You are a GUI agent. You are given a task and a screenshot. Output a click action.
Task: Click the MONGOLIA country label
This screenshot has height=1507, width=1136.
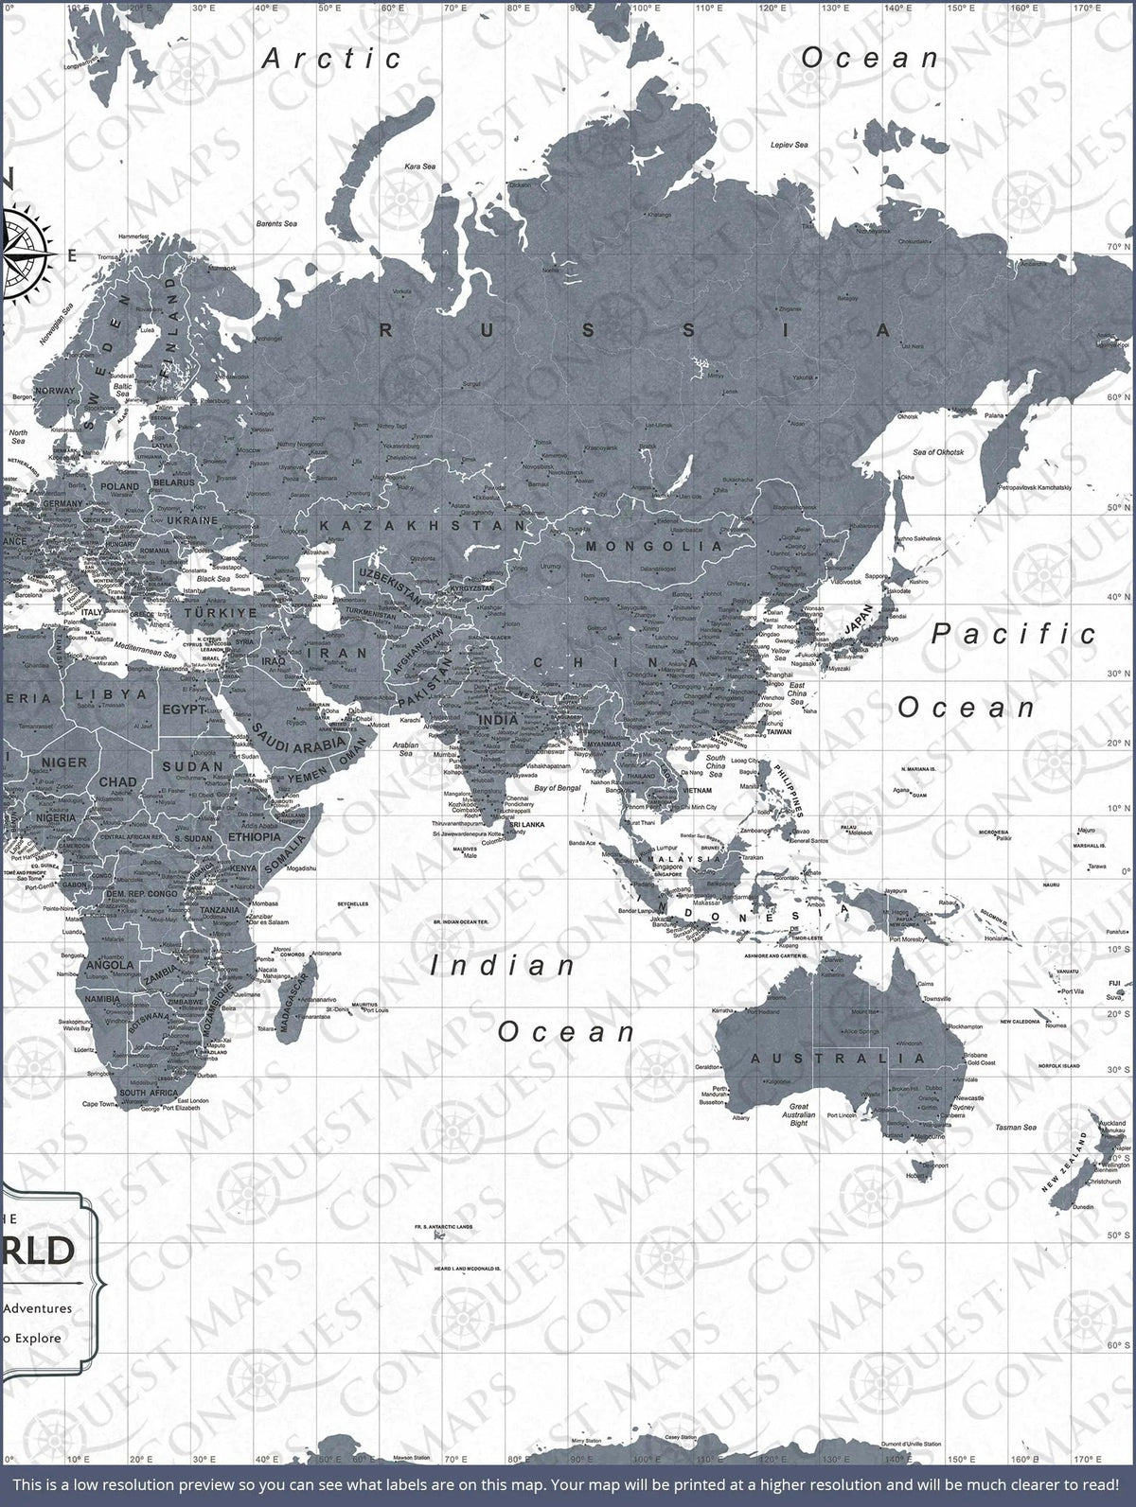tap(654, 546)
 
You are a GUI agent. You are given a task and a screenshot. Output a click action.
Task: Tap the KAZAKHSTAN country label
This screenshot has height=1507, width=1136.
tap(422, 524)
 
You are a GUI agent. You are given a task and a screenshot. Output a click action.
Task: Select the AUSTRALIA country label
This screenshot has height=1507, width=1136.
tap(839, 1058)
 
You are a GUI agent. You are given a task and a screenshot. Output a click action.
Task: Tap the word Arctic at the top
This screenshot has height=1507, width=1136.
tap(332, 59)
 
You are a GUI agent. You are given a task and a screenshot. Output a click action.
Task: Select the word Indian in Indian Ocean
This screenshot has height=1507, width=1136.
tap(503, 966)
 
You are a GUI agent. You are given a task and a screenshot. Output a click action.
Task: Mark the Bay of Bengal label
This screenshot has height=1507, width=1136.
tap(556, 788)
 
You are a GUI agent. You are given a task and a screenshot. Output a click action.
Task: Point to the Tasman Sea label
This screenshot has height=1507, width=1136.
tap(1015, 1128)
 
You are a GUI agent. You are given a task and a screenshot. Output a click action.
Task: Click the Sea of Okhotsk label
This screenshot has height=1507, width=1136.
tap(934, 452)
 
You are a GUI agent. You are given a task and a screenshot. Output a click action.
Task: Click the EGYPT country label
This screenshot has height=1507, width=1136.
tap(184, 709)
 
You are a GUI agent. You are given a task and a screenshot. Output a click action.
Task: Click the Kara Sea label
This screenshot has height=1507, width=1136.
tap(419, 166)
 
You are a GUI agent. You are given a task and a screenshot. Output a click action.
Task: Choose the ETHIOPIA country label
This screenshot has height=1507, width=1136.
tap(255, 837)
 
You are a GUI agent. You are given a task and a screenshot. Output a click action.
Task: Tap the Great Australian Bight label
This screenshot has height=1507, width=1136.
tap(799, 1115)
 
